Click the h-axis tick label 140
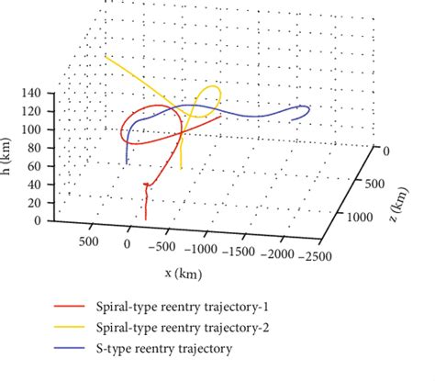coord(34,93)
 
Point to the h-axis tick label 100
coord(34,129)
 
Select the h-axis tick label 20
coord(37,203)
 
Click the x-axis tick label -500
coord(163,247)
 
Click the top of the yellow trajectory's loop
coord(213,86)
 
